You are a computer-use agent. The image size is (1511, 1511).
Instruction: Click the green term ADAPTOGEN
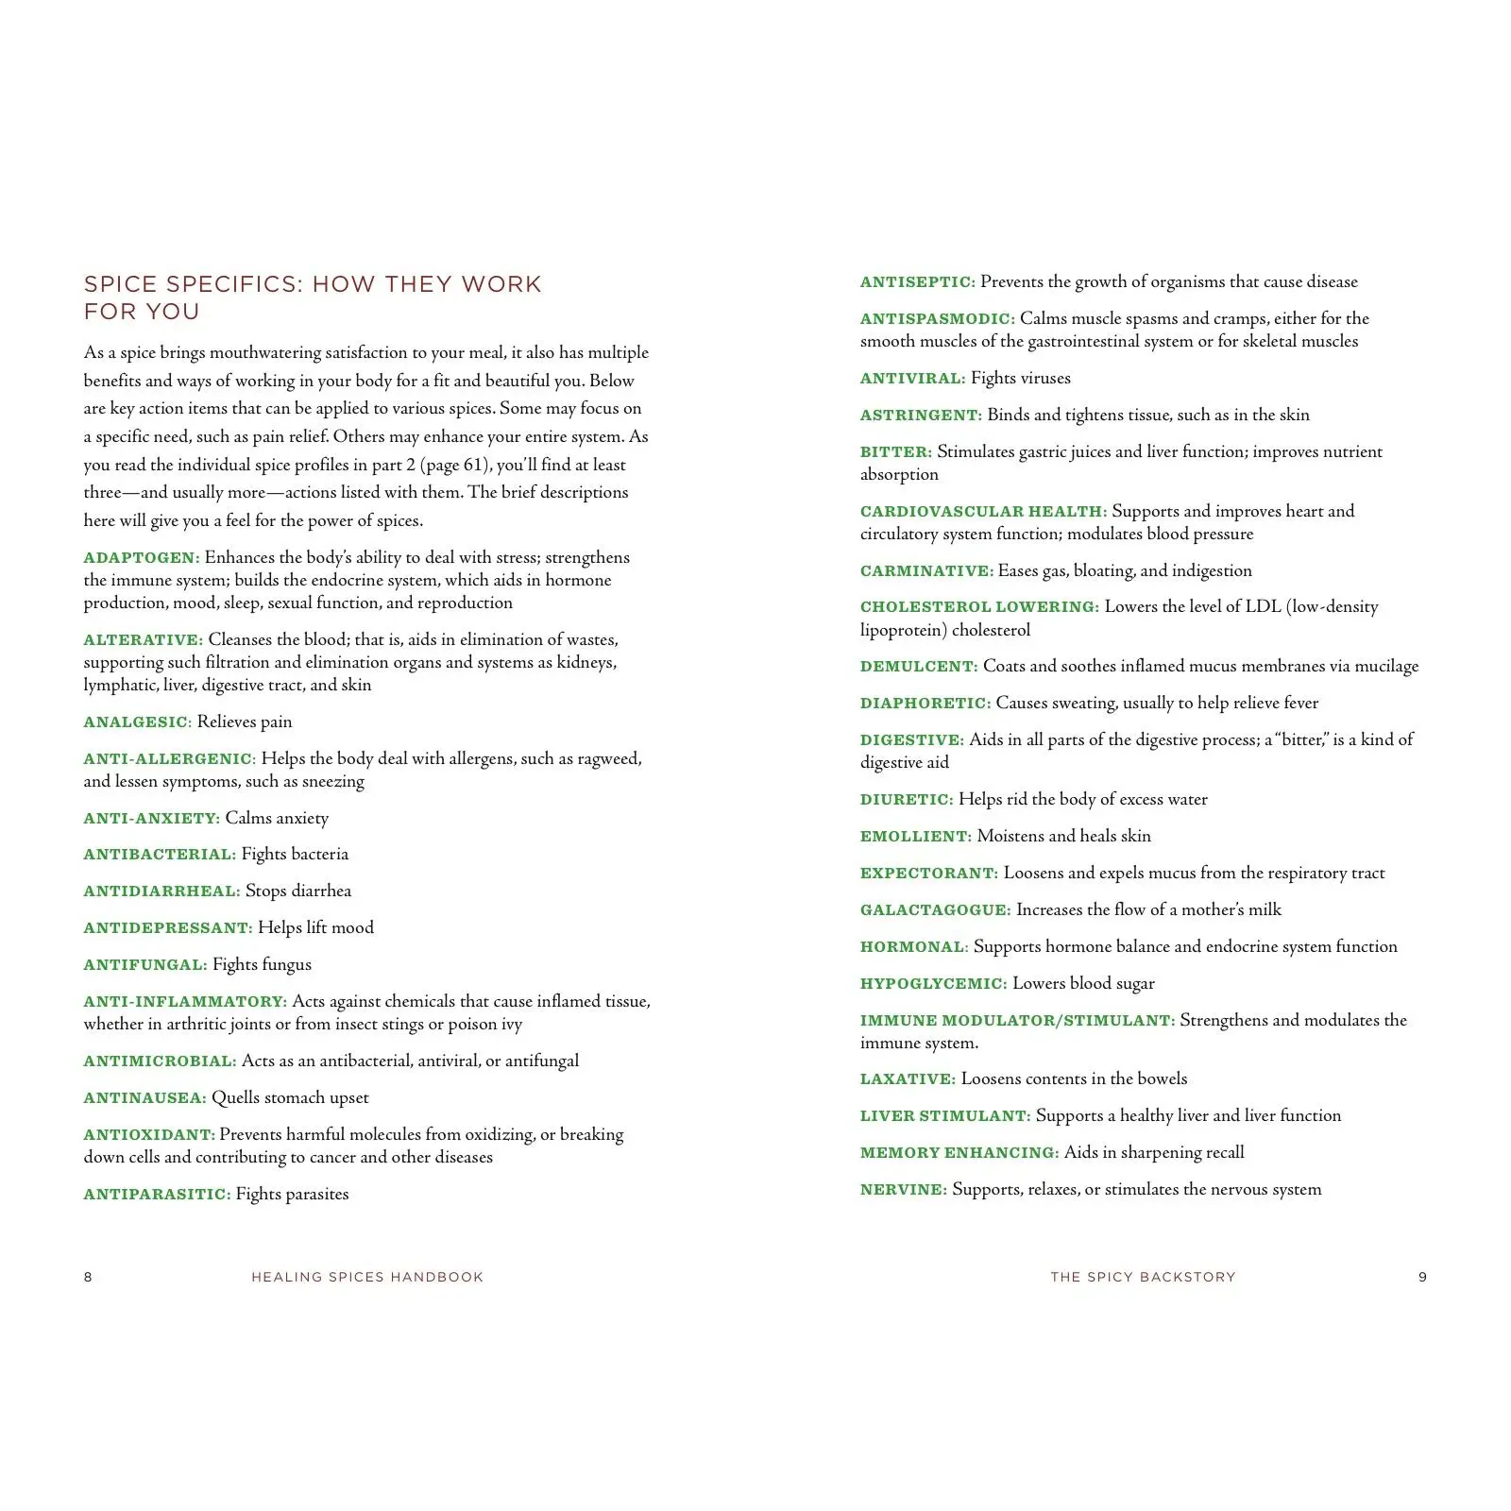141,558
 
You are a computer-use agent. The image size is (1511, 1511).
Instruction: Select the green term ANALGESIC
137,722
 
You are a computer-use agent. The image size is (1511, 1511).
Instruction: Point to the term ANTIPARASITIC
157,1195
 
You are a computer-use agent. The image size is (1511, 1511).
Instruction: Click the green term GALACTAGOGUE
935,910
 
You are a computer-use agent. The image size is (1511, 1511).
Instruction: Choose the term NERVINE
903,1190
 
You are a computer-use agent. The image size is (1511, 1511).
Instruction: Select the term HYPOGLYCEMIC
933,984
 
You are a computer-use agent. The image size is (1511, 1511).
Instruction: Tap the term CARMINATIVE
926,571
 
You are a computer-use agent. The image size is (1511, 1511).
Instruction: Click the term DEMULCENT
918,667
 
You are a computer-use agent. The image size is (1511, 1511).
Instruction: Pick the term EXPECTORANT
928,874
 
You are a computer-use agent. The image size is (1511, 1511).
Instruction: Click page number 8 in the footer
89,1278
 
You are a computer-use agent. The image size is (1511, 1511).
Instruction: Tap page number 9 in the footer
1422,1278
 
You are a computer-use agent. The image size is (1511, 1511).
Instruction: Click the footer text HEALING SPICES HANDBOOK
367,1278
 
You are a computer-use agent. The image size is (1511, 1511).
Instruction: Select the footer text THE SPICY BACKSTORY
1143,1278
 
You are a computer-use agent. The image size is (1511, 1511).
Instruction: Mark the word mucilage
1386,667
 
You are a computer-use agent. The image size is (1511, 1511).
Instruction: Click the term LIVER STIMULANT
944,1116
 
